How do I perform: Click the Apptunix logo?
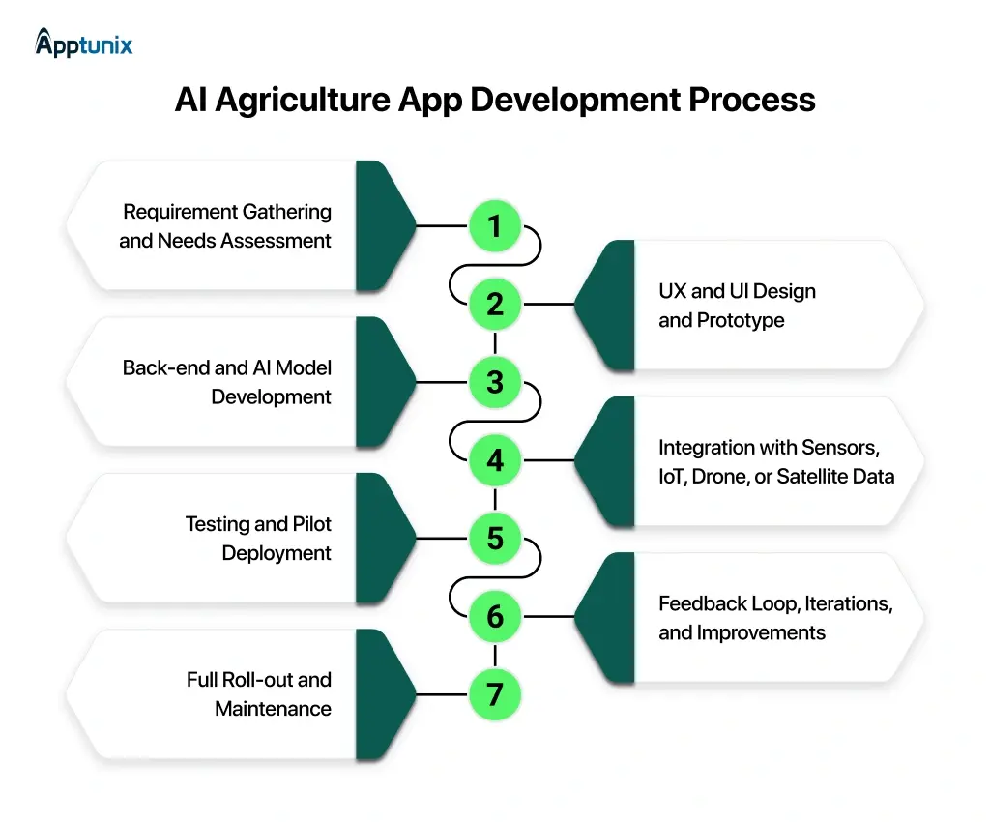(83, 43)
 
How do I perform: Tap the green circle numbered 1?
(495, 226)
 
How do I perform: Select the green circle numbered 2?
(495, 305)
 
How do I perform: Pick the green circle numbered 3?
(495, 382)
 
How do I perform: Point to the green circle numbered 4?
(495, 460)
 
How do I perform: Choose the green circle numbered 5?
(495, 538)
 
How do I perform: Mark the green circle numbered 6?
(495, 616)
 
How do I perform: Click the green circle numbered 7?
(495, 693)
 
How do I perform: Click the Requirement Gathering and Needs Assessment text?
(226, 225)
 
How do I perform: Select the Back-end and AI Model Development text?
(227, 382)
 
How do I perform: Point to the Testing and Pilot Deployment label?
(258, 538)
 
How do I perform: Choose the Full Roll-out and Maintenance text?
(259, 693)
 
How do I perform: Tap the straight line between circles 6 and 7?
(495, 655)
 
